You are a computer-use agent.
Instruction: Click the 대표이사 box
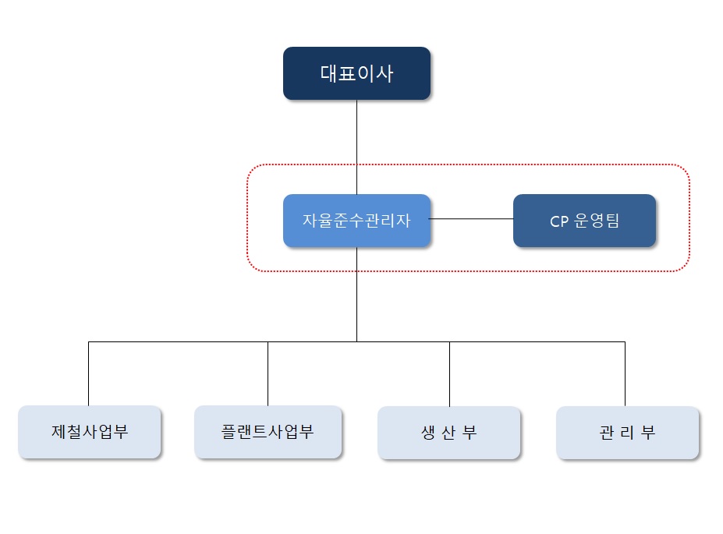tap(356, 73)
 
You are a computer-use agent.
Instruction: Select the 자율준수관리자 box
tap(356, 221)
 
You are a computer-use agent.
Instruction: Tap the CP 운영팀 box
tap(584, 221)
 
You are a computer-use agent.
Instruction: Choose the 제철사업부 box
tap(89, 431)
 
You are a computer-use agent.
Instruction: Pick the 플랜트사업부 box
tap(268, 431)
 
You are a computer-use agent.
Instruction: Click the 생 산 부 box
tap(448, 433)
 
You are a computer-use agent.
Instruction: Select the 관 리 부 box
tap(627, 433)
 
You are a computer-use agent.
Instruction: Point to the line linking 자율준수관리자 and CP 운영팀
tap(472, 220)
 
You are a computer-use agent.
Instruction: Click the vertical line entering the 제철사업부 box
tap(89, 374)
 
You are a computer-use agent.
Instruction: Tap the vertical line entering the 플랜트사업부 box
tap(268, 374)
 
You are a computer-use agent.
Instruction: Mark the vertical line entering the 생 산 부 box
tap(449, 374)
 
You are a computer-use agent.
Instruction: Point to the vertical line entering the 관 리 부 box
tap(625, 374)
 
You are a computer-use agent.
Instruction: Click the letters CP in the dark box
tap(559, 221)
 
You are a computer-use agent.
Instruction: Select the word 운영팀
tap(596, 221)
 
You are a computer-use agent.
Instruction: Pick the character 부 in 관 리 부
tap(648, 433)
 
